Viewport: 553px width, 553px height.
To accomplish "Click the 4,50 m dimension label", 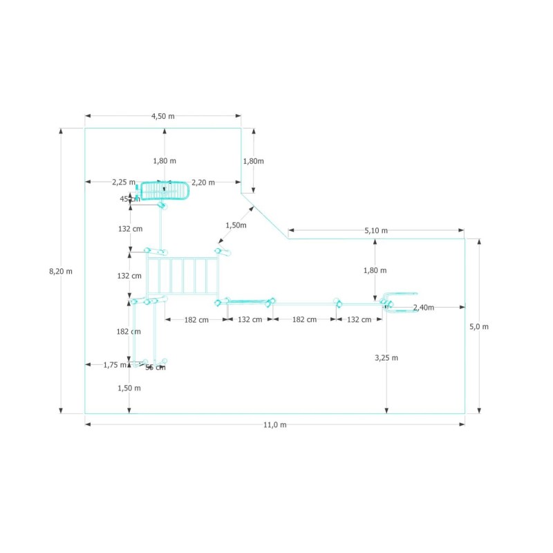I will tap(163, 116).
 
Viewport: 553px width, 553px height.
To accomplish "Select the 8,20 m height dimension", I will tap(61, 272).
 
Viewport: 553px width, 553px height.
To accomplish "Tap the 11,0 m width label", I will tap(274, 425).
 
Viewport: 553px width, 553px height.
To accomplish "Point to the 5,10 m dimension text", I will tap(376, 231).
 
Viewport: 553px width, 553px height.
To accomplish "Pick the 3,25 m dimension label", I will tap(386, 358).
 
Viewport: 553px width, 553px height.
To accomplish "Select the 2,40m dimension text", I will tap(424, 307).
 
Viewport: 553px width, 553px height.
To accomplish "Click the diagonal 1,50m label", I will tap(236, 225).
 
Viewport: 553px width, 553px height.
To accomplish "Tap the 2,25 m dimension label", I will tap(124, 182).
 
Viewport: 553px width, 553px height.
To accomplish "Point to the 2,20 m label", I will tap(203, 182).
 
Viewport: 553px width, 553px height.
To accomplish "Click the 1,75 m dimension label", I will tap(115, 365).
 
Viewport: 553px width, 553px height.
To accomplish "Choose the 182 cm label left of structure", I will tap(129, 332).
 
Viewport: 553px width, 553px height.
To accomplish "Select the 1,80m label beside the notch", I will tap(253, 161).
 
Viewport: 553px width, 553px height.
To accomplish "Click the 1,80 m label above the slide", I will tap(165, 161).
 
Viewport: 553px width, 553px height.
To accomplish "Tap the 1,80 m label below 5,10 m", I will tap(375, 271).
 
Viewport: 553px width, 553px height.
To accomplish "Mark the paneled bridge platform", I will tap(182, 276).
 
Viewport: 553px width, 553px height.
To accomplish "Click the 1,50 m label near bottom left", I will tap(129, 388).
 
